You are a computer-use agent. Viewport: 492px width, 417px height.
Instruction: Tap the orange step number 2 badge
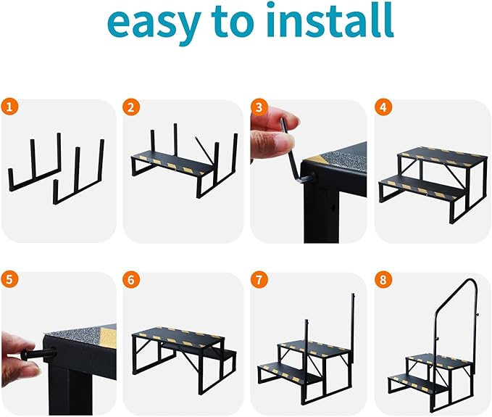pos(130,107)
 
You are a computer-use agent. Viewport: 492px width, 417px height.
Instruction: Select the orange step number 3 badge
pos(258,107)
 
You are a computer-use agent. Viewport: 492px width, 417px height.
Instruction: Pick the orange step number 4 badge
pos(382,107)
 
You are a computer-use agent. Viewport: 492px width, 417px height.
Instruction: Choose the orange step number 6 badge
pos(130,280)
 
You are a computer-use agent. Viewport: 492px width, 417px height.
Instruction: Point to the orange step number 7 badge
pos(258,280)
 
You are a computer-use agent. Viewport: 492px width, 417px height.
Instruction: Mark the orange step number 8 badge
pos(382,280)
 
